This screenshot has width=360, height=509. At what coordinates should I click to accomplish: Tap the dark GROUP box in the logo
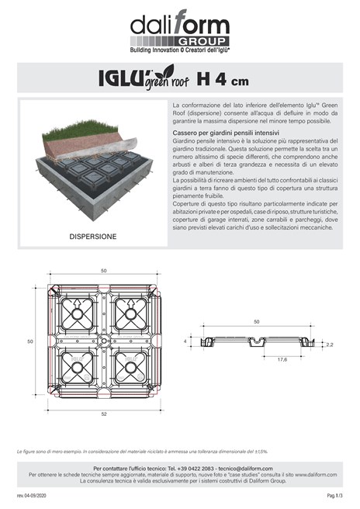[204, 40]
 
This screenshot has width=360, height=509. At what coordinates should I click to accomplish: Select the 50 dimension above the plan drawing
[102, 272]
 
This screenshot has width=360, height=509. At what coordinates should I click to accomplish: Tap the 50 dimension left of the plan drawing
[31, 341]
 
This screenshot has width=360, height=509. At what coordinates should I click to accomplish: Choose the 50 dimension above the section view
[256, 320]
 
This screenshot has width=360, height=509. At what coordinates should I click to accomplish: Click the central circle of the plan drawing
[102, 341]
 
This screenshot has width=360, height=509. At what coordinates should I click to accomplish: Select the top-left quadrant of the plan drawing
[77, 314]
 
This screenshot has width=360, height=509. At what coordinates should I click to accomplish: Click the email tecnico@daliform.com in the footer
[239, 469]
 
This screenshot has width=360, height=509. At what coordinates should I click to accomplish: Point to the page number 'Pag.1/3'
[334, 494]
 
